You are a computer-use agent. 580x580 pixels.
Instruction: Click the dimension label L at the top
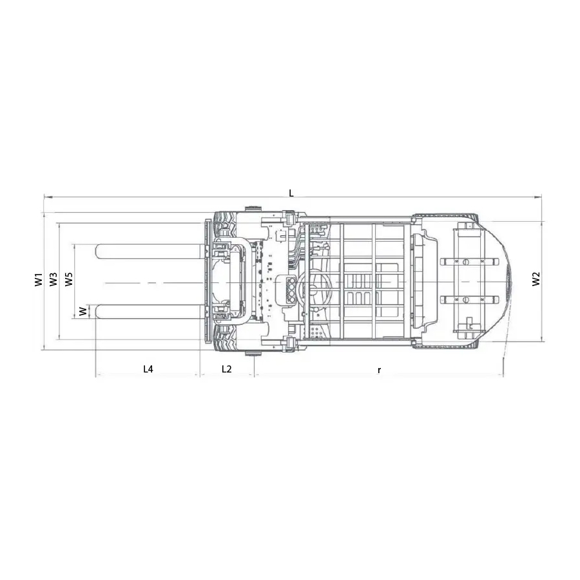pos(291,193)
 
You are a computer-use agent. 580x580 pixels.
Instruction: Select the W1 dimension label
pos(39,279)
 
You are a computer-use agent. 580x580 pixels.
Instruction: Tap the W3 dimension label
pos(53,279)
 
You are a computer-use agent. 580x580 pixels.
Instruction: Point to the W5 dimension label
pos(69,279)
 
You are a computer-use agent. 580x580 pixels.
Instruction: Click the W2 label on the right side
pos(536,279)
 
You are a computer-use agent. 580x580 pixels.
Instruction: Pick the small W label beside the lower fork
pos(84,311)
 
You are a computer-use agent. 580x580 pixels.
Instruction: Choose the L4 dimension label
pos(148,369)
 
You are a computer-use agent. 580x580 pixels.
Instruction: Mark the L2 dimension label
pos(226,369)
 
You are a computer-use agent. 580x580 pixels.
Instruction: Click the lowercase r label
pos(379,369)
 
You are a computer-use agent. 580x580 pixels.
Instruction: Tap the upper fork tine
pos(150,251)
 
